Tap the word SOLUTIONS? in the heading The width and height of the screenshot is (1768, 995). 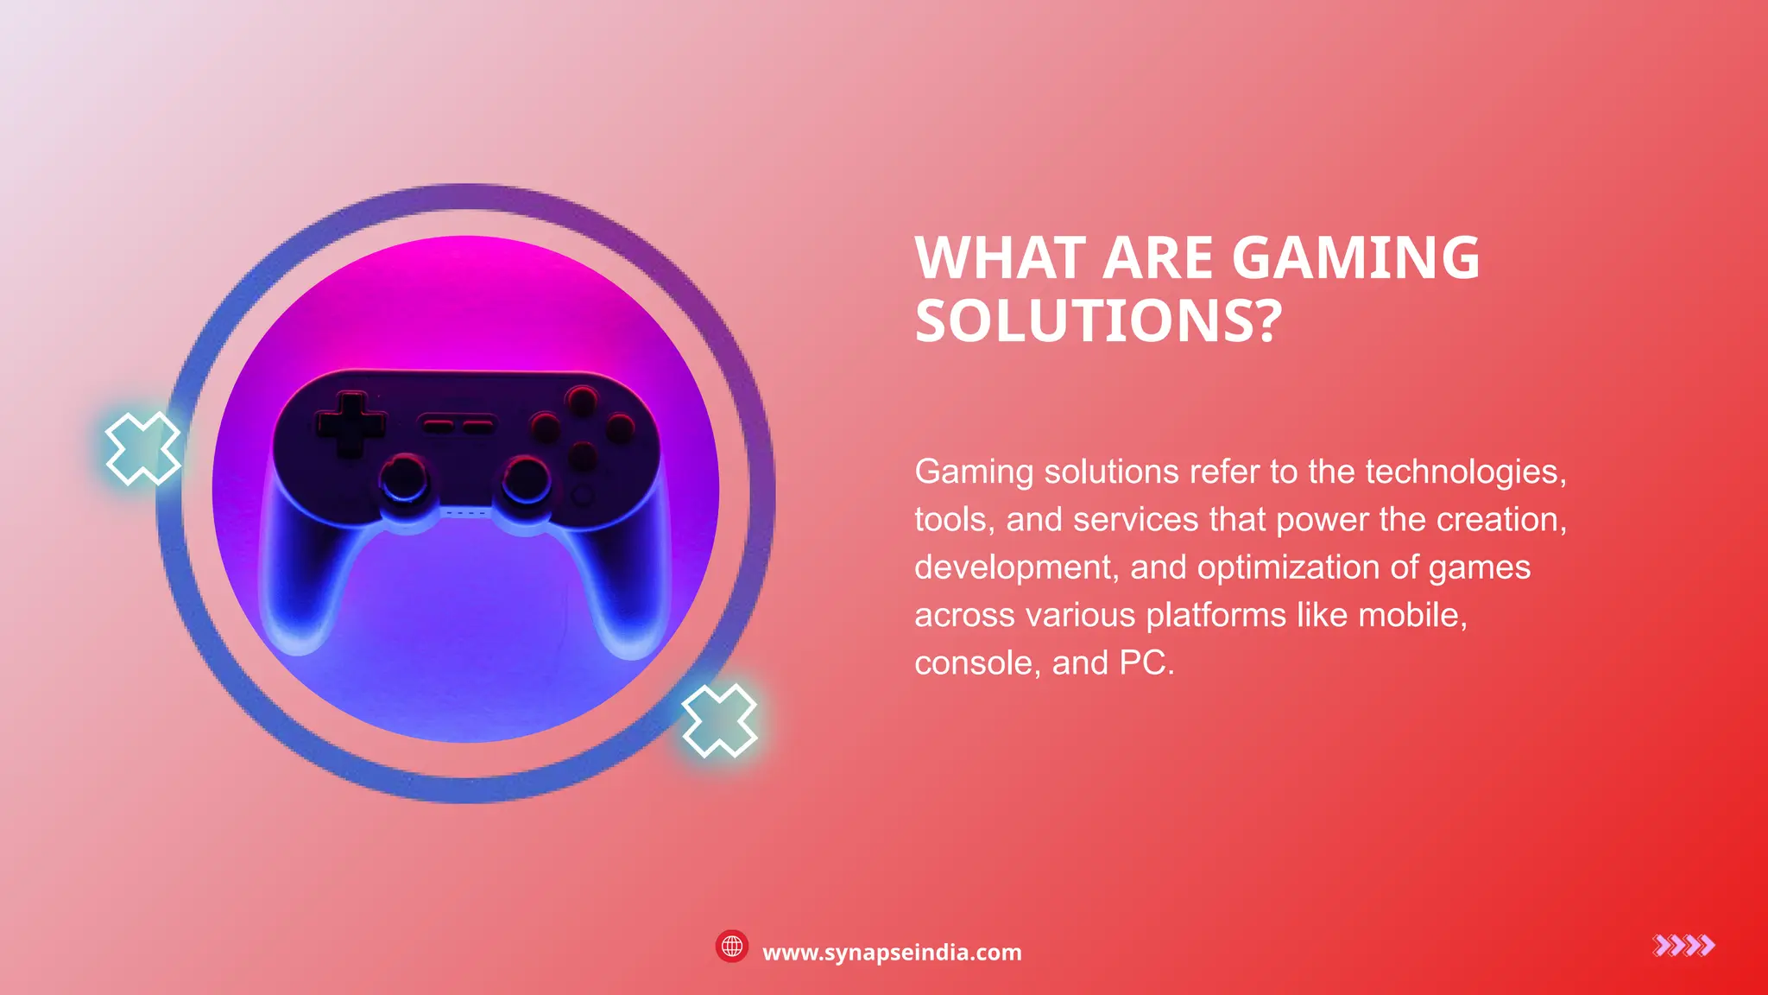1098,321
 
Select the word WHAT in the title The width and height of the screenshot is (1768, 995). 1001,258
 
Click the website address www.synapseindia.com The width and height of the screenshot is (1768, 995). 892,953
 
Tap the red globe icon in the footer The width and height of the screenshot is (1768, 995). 732,947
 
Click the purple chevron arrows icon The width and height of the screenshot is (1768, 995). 1683,946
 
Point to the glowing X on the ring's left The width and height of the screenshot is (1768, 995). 142,448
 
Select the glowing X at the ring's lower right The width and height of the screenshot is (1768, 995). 719,720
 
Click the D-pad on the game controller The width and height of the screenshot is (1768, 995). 350,423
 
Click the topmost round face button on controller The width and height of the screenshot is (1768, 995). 581,400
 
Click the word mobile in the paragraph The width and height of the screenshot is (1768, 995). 1411,615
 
